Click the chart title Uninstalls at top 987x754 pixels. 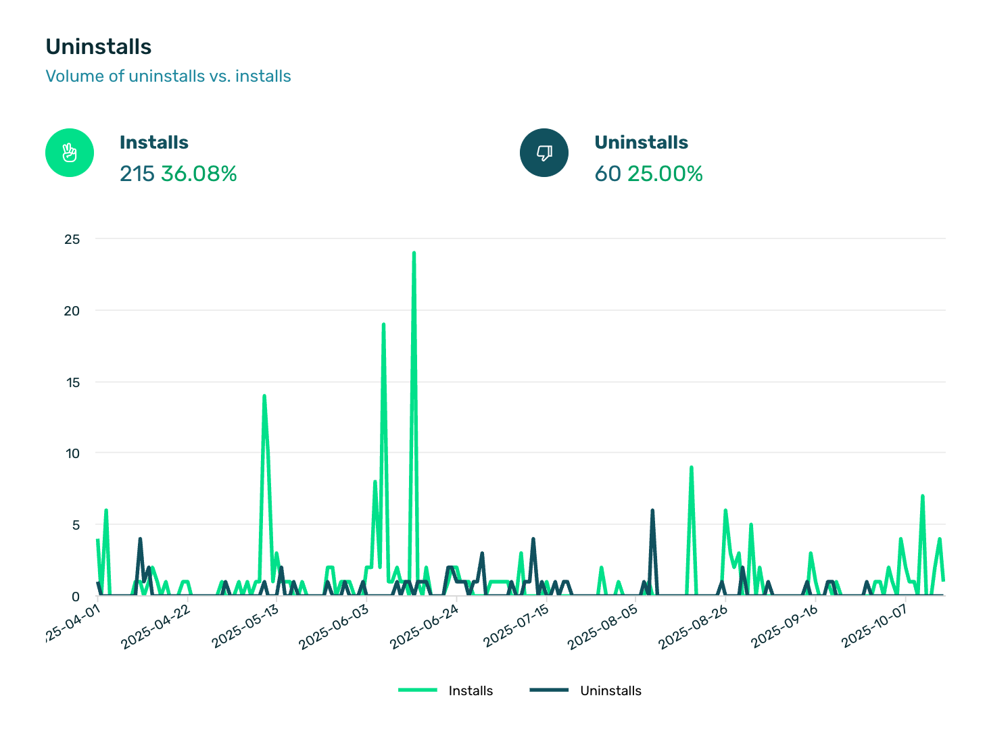(x=99, y=47)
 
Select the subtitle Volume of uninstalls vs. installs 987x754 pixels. (x=168, y=76)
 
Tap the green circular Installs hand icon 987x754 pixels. (x=70, y=153)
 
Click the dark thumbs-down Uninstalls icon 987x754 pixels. (x=544, y=153)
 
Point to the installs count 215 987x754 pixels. (x=137, y=174)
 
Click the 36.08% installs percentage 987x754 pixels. (x=199, y=174)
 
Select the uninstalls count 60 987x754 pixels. (x=608, y=174)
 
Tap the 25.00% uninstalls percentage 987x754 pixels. (x=665, y=174)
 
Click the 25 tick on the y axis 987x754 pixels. (x=72, y=239)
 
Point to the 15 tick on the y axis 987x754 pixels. (x=72, y=382)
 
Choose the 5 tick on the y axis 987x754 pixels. (x=75, y=525)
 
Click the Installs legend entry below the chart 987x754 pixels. (x=471, y=690)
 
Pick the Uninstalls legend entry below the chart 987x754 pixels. (x=610, y=690)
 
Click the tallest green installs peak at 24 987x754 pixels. (x=414, y=254)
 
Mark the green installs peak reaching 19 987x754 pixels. (x=383, y=325)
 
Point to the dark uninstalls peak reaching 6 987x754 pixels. (x=652, y=511)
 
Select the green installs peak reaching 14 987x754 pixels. (x=264, y=397)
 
